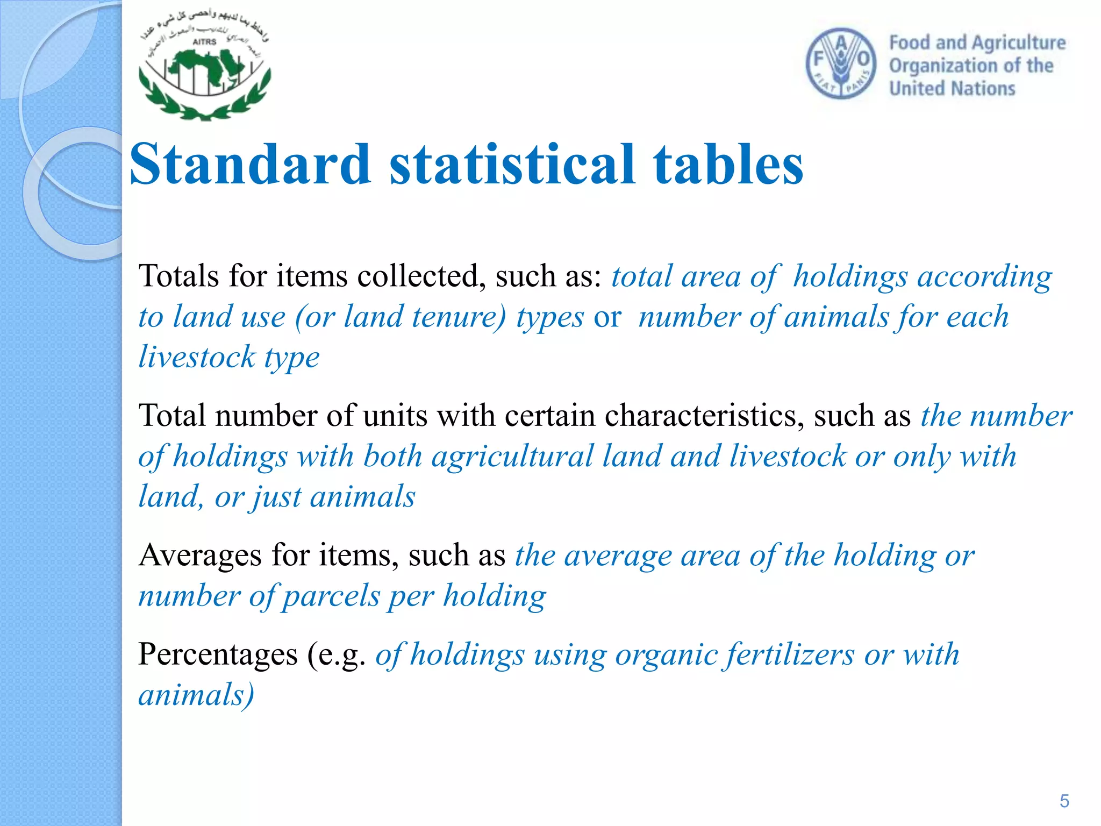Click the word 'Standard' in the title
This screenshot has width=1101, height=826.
click(x=251, y=165)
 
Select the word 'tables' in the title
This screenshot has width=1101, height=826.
click(x=728, y=165)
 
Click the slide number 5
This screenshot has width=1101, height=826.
click(x=1064, y=801)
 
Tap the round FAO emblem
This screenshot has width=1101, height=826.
click(x=841, y=64)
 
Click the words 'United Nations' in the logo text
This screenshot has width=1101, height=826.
click(x=952, y=88)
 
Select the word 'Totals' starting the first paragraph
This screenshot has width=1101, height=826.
click(x=179, y=276)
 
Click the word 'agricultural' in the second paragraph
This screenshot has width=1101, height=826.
click(x=512, y=456)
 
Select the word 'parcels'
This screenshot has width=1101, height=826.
click(x=331, y=596)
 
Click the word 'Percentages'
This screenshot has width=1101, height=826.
click(x=218, y=654)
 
